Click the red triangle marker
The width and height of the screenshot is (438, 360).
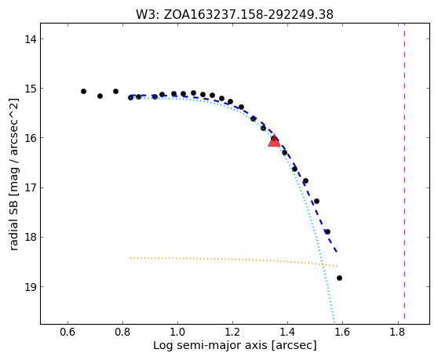[274, 140]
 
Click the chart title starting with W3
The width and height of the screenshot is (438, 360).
[235, 15]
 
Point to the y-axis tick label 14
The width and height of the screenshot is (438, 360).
[31, 39]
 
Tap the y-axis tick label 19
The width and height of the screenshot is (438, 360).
[31, 287]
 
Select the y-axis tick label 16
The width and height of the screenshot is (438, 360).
[31, 138]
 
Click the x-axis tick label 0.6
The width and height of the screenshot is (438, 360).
[68, 332]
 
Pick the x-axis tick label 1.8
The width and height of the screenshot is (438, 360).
[397, 332]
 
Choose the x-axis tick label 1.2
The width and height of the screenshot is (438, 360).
[232, 332]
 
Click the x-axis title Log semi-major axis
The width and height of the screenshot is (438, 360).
[235, 345]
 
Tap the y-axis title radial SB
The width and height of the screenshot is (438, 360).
[13, 174]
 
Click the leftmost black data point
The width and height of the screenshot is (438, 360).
[83, 91]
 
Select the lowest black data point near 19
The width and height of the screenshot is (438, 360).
[339, 278]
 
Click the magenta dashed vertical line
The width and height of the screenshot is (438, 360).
[404, 171]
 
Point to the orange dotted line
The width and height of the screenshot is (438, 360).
[234, 260]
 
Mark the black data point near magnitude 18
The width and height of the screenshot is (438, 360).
[328, 231]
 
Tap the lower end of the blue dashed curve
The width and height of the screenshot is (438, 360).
[338, 252]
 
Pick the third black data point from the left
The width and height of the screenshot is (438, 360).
[115, 91]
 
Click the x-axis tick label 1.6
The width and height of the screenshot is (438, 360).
[342, 332]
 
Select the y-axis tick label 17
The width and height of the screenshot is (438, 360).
[31, 187]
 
